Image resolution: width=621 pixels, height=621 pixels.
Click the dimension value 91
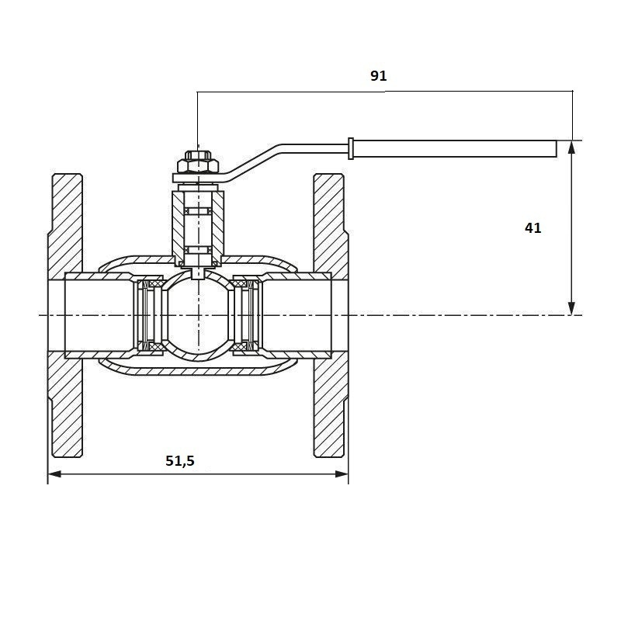click(378, 76)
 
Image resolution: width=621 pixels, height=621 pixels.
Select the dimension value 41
click(533, 227)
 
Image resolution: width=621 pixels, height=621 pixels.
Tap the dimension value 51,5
click(180, 460)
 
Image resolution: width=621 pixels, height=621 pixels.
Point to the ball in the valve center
click(198, 315)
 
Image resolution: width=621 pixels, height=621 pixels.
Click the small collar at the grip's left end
click(352, 147)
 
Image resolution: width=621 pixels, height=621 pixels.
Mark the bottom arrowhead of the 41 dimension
click(572, 308)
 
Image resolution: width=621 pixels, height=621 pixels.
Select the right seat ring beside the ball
click(248, 315)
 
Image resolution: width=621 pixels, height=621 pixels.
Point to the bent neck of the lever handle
click(256, 159)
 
